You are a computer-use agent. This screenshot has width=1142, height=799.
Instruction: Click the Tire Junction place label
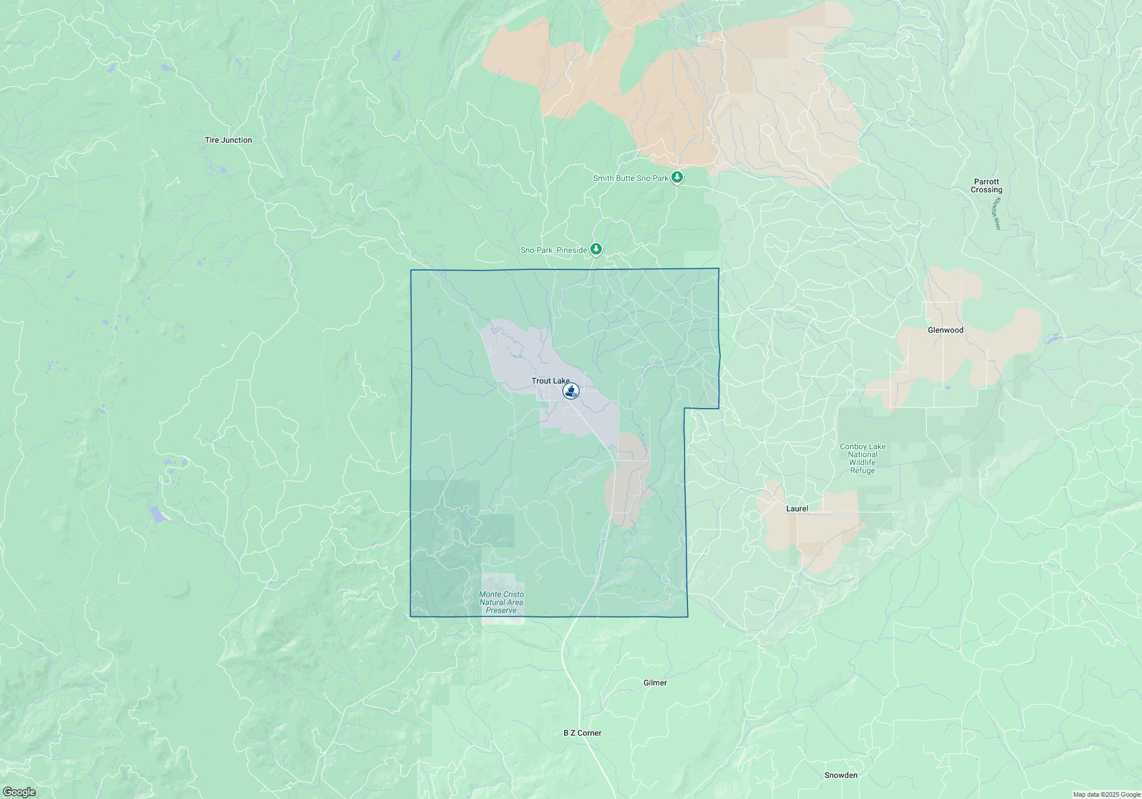[x=228, y=140]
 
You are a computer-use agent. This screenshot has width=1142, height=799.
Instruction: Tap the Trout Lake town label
[x=550, y=381]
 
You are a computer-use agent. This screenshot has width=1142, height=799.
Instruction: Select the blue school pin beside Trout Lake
[x=571, y=391]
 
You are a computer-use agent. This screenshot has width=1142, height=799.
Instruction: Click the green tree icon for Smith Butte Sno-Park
[x=677, y=177]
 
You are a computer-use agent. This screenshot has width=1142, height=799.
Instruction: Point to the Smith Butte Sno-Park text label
[x=630, y=178]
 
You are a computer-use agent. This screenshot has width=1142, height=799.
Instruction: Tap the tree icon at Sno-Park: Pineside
[x=596, y=249]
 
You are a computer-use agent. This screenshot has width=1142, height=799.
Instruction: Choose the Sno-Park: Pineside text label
[x=553, y=250]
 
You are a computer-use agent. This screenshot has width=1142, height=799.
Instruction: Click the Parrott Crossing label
[x=986, y=185]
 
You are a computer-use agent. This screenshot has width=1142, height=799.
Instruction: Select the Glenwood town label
[x=946, y=330]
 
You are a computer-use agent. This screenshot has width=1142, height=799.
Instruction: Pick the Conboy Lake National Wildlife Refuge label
[x=862, y=458]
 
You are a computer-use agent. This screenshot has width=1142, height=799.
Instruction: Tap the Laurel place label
[x=797, y=509]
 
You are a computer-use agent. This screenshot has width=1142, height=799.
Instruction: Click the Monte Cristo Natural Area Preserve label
[x=501, y=602]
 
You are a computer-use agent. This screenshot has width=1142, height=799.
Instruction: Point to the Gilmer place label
[x=655, y=683]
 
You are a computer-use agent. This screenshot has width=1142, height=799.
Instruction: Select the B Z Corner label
[x=582, y=733]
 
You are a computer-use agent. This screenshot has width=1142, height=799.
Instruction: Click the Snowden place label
[x=841, y=775]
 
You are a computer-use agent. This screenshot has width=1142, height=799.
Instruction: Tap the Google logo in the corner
[x=19, y=792]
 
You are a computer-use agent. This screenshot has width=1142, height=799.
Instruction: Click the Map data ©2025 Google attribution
[x=1106, y=794]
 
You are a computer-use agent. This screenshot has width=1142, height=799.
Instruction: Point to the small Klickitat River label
[x=997, y=213]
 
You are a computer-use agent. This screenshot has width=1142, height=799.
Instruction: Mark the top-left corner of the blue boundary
[x=411, y=271]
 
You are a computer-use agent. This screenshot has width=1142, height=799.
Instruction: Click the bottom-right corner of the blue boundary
[x=687, y=616]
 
